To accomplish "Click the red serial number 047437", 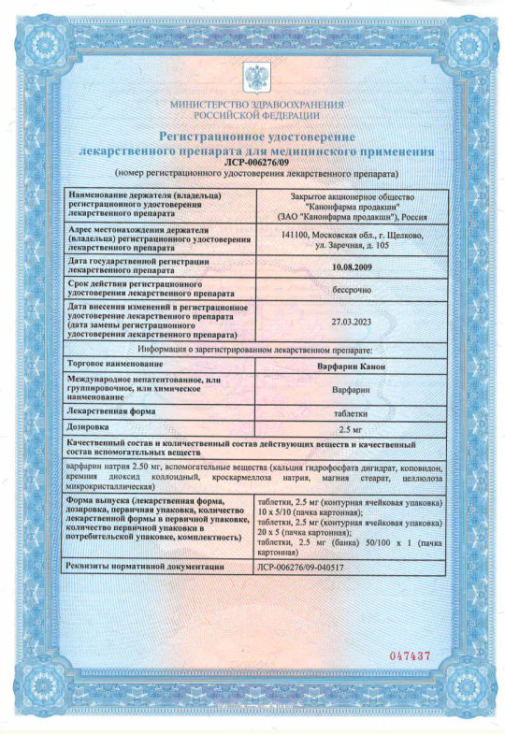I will tap(409, 656).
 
